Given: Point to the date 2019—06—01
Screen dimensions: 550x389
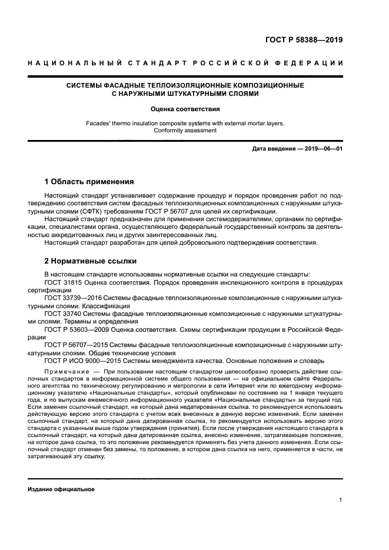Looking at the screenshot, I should point(322,149).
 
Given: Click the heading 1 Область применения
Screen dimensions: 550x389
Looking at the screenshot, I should point(89,181).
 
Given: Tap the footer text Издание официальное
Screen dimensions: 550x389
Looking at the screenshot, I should point(61,489).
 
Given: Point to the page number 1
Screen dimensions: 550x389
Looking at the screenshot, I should point(341,500).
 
